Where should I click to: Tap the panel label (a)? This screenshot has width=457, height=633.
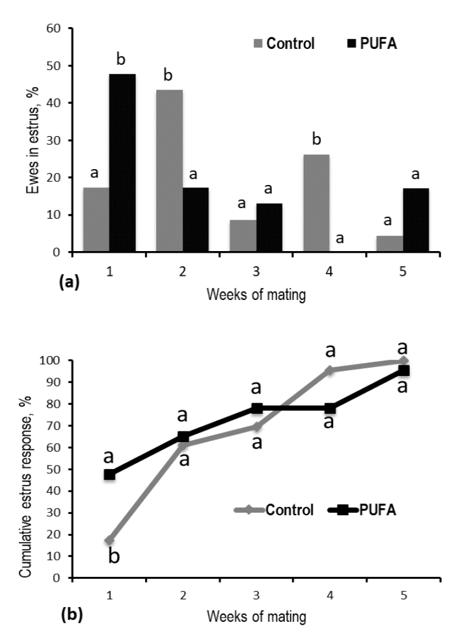[x=68, y=281]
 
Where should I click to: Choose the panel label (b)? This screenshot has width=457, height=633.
[x=68, y=616]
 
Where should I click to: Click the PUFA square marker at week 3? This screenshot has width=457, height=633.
[x=257, y=408]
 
